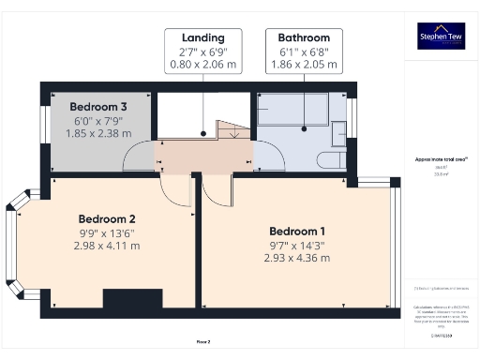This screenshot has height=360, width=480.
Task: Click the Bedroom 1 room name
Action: [x=297, y=232]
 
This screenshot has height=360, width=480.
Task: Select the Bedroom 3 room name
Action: [x=98, y=107]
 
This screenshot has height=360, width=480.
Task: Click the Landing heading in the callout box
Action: [x=203, y=37]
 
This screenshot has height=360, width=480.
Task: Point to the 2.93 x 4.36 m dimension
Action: [x=297, y=258]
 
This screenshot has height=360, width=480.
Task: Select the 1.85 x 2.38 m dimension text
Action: [x=98, y=134]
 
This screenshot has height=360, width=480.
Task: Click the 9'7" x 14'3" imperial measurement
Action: [x=297, y=245]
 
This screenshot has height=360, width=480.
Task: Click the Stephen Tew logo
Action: [x=440, y=37]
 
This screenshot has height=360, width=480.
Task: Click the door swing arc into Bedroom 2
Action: [x=176, y=192]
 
